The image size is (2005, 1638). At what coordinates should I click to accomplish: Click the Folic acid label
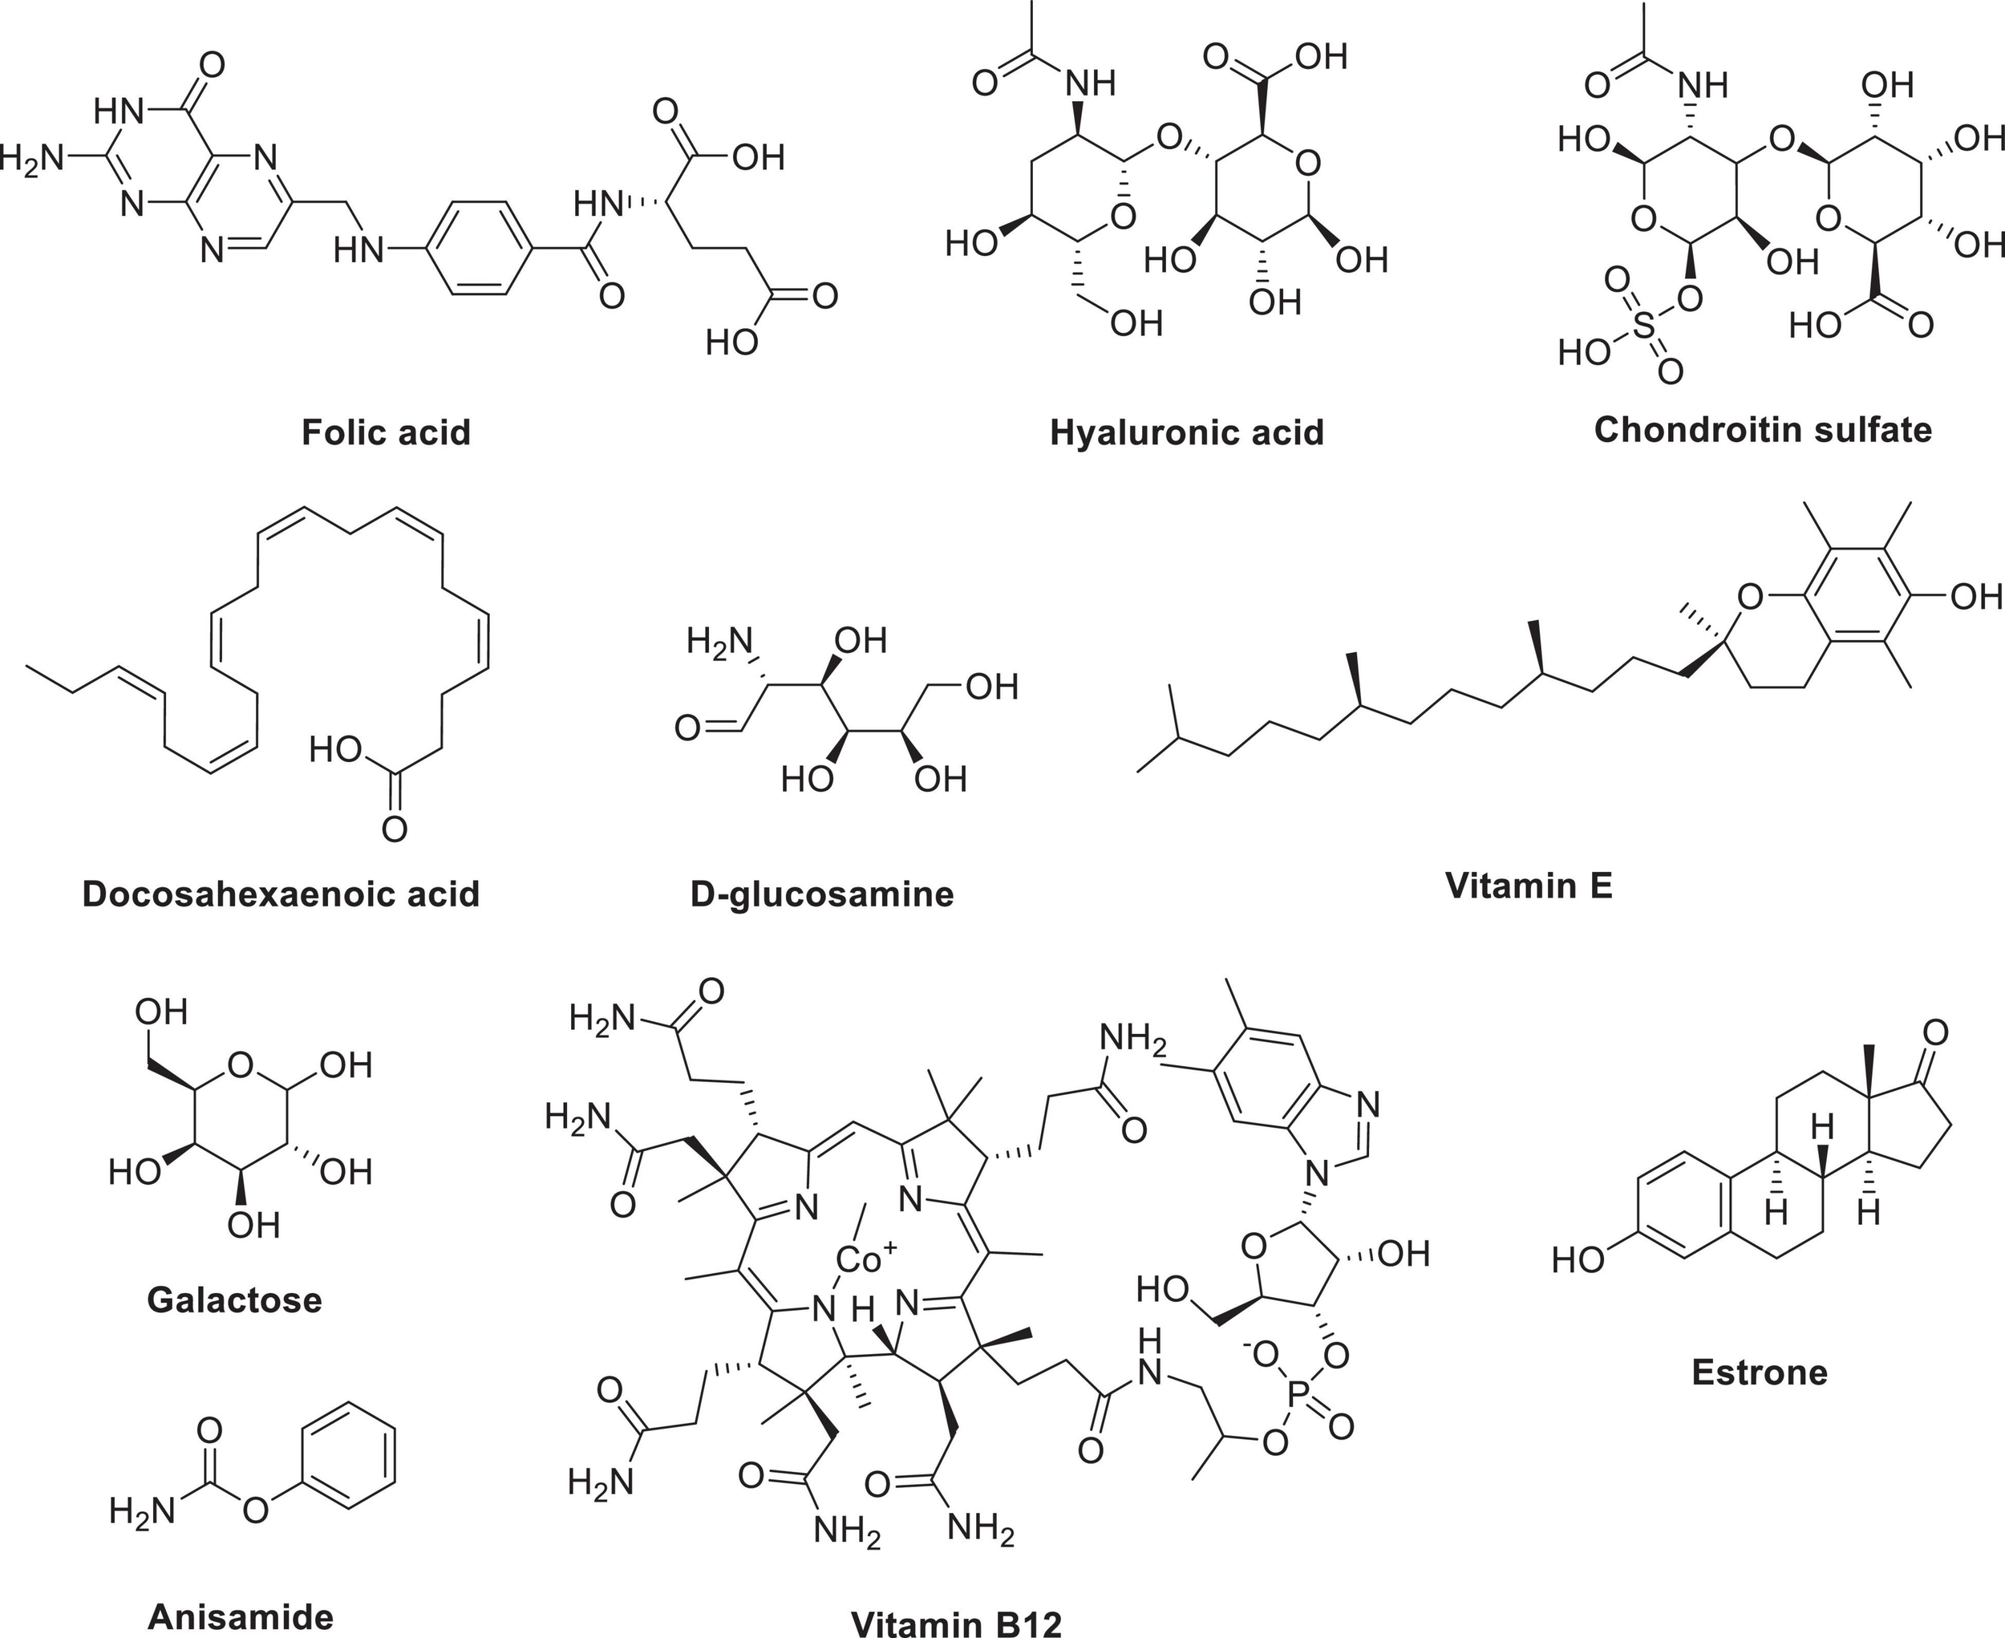pos(386,432)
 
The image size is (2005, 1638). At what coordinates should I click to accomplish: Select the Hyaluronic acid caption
pos(1187,432)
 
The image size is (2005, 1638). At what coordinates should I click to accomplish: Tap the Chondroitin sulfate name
pos(1763,429)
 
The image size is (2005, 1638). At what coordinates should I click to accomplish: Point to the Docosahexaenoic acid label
pos(282,894)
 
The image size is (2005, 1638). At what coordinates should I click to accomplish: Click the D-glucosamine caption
pos(822,894)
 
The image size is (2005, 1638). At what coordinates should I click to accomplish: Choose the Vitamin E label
pos(1529,885)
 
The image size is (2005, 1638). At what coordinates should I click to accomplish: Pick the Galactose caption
pos(235,1300)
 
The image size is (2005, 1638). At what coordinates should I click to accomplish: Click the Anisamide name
pos(241,1616)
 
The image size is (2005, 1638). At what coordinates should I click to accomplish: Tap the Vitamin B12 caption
pos(957,1623)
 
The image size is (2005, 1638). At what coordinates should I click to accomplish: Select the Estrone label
pos(1759,1372)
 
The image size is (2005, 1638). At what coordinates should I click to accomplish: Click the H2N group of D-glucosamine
pos(719,642)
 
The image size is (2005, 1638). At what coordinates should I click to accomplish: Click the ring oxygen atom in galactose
pos(241,1066)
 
